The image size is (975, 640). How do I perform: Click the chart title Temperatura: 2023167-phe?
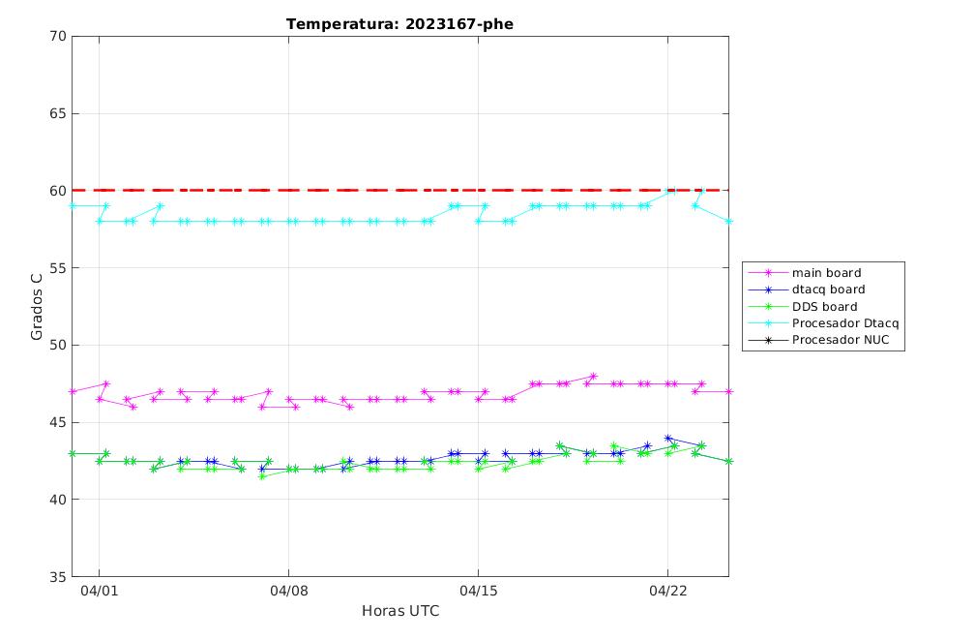click(x=399, y=24)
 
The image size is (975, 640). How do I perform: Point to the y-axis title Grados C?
click(x=37, y=306)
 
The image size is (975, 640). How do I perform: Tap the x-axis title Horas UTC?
click(x=400, y=611)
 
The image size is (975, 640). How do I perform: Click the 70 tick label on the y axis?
click(x=58, y=36)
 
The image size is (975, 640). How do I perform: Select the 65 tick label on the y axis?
click(x=58, y=113)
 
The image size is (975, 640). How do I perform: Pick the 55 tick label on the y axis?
click(x=58, y=267)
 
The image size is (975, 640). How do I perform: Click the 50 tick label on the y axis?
click(x=58, y=345)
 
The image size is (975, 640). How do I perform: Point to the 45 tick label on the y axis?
click(x=58, y=422)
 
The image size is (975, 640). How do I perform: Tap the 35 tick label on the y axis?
click(x=58, y=576)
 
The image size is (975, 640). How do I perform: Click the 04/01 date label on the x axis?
click(x=99, y=591)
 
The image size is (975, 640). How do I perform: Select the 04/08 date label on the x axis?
click(x=288, y=591)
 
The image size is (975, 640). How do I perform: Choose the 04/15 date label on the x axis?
click(x=478, y=591)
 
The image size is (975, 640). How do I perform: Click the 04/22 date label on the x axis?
click(x=667, y=591)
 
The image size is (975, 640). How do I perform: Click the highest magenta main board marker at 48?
click(x=593, y=376)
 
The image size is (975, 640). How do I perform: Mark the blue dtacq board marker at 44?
click(x=667, y=439)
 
